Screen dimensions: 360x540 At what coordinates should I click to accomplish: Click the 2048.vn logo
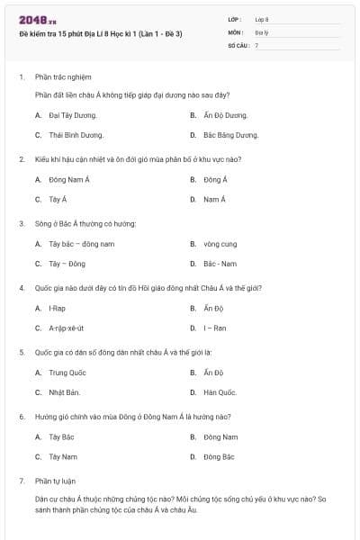point(31,20)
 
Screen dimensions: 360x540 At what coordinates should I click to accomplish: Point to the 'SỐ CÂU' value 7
point(256,45)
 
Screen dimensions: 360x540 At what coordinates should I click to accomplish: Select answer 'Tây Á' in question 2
point(58,199)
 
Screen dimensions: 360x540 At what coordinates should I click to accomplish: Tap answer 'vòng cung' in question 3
point(220,243)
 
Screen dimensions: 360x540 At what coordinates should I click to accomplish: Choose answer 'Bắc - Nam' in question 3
point(220,264)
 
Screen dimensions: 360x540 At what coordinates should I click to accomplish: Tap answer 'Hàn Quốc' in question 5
point(220,392)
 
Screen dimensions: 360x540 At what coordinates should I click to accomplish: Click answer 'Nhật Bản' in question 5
point(65,392)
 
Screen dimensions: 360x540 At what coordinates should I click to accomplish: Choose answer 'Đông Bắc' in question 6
point(219,456)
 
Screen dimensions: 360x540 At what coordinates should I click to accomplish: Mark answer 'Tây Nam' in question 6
point(63,456)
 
